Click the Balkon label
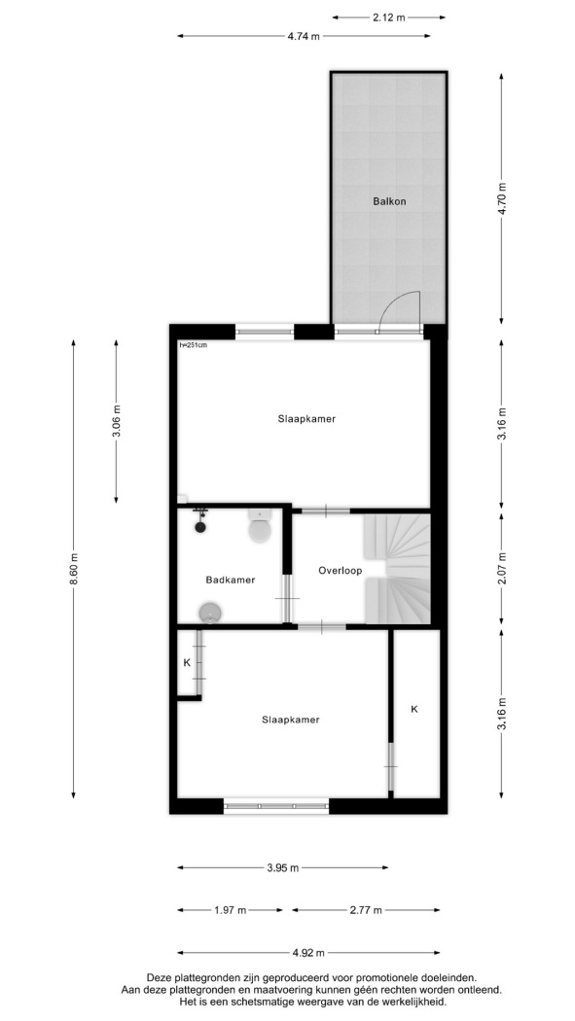click(x=389, y=201)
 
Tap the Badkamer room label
click(x=230, y=580)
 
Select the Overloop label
click(x=340, y=571)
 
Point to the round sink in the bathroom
click(x=210, y=614)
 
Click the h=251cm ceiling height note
click(x=193, y=345)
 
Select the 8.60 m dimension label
click(x=74, y=569)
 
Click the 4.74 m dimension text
click(x=304, y=37)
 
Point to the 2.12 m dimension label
click(x=389, y=18)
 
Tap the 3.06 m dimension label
click(x=117, y=421)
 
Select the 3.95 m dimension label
click(x=282, y=867)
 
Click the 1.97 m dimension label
click(x=230, y=910)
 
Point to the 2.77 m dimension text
click(x=365, y=910)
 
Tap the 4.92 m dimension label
click(x=308, y=953)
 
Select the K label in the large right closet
click(x=414, y=709)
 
